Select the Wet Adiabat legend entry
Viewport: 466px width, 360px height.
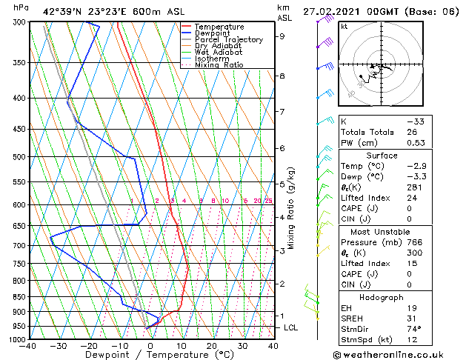click(215, 52)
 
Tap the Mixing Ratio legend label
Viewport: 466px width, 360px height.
click(219, 65)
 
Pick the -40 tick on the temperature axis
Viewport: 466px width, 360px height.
click(28, 345)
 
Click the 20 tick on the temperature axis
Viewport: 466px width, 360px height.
click(212, 345)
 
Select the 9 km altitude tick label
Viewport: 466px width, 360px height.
click(282, 36)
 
